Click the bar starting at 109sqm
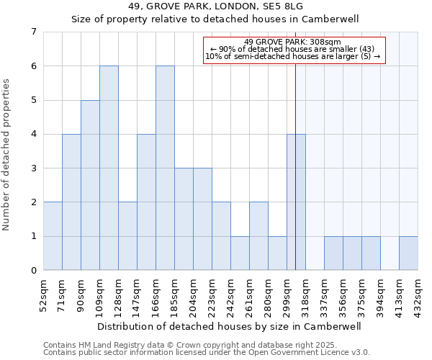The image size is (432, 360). point(109,168)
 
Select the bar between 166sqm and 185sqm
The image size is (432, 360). point(165,168)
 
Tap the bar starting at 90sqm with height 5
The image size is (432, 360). point(90,185)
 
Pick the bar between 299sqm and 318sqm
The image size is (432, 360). point(296,202)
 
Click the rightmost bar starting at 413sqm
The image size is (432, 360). point(408,253)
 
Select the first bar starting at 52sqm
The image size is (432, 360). point(53,236)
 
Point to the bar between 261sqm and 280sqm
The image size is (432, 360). point(258,236)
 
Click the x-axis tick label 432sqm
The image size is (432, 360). point(418,294)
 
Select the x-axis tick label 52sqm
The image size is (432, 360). point(43,294)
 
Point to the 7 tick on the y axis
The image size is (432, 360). point(33,32)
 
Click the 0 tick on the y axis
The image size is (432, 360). point(33,271)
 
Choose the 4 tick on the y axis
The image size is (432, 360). point(33,134)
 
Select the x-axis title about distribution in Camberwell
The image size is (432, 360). point(230,326)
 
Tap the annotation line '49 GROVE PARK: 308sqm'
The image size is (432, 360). point(294,42)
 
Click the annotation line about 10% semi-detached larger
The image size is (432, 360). point(294,56)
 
